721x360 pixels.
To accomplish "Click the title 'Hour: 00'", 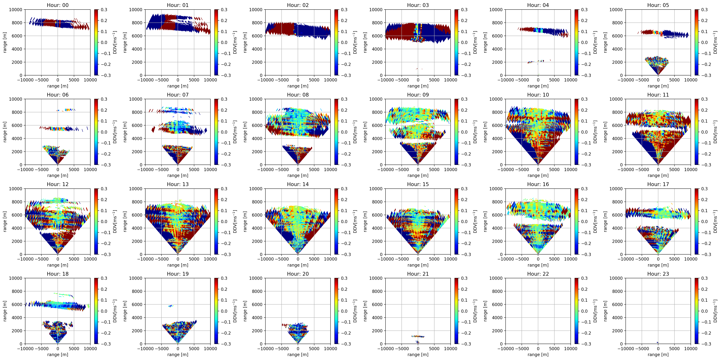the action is coord(58,5).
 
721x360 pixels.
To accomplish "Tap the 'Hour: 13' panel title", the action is coord(178,184).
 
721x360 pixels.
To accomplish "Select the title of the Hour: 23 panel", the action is coord(658,274).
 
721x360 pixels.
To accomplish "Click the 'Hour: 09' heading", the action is coord(418,95).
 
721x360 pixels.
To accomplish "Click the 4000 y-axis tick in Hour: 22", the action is coord(497,317).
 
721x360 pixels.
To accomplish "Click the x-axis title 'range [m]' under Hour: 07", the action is coord(178,175).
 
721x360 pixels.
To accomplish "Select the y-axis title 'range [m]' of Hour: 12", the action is coord(5,221).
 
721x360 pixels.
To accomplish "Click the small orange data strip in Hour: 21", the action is coord(418,336).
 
